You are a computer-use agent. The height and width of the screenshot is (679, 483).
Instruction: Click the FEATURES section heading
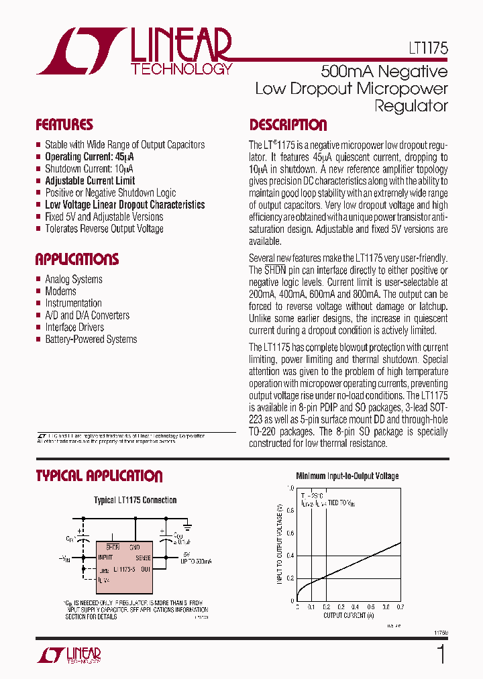click(x=64, y=125)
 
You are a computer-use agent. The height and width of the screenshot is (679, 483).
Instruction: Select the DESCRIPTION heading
click(x=288, y=125)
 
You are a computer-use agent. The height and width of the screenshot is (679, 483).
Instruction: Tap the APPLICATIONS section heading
click(x=76, y=260)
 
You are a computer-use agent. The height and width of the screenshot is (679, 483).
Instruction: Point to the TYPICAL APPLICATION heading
click(x=99, y=476)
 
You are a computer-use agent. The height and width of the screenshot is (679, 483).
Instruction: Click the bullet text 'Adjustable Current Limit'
click(x=90, y=180)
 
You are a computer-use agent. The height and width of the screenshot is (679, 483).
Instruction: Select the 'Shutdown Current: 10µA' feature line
click(x=89, y=168)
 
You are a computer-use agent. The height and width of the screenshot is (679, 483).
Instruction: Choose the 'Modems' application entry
click(x=60, y=291)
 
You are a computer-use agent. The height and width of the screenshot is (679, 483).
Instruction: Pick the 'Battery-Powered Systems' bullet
click(x=91, y=339)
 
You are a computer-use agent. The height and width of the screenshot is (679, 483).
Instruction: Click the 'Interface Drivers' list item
click(x=74, y=327)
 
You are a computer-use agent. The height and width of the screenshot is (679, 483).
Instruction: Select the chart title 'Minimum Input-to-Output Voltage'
click(x=347, y=476)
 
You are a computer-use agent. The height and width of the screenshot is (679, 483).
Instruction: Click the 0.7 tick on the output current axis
click(x=400, y=607)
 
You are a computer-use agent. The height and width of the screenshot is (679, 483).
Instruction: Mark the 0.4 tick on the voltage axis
click(x=290, y=556)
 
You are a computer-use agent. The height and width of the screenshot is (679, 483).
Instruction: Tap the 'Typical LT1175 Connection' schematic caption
click(x=135, y=501)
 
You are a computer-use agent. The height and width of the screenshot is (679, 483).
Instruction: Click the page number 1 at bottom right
click(x=440, y=654)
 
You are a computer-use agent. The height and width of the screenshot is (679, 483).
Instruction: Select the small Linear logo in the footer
click(x=69, y=656)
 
